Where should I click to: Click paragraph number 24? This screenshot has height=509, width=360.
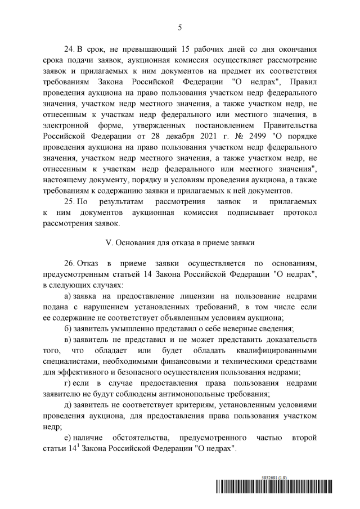[x=71, y=49]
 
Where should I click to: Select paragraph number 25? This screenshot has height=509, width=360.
[x=71, y=201]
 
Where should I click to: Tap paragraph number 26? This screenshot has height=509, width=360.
[x=71, y=263]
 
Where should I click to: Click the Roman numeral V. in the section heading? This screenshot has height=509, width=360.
[x=110, y=243]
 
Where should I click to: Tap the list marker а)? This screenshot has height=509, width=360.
[x=68, y=296]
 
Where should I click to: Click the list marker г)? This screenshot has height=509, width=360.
[x=68, y=384]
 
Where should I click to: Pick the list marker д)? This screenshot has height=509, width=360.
[x=68, y=406]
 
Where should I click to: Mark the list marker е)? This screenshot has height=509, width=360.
[x=68, y=438]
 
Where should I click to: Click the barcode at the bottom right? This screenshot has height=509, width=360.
[x=273, y=487]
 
